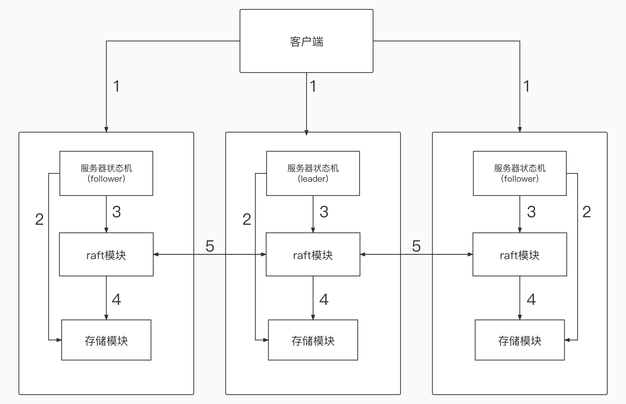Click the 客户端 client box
[x=306, y=41]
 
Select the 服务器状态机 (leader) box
[x=313, y=173]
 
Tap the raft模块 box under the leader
[x=313, y=254]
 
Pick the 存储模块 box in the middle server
[x=313, y=340]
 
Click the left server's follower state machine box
[x=106, y=173]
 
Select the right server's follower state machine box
[x=520, y=173]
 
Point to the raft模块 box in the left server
[x=106, y=254]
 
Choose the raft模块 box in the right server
[x=520, y=254]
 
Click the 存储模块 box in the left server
[x=106, y=340]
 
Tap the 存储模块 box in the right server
[x=520, y=340]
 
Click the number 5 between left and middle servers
[x=210, y=246]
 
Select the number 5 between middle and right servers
[x=416, y=246]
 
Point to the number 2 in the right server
[x=587, y=212]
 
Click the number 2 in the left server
[x=39, y=219]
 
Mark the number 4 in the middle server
[x=324, y=299]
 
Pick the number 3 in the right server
[x=531, y=212]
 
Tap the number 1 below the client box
[x=313, y=86]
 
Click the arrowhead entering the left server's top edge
[x=106, y=130]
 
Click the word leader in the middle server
[x=313, y=179]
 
